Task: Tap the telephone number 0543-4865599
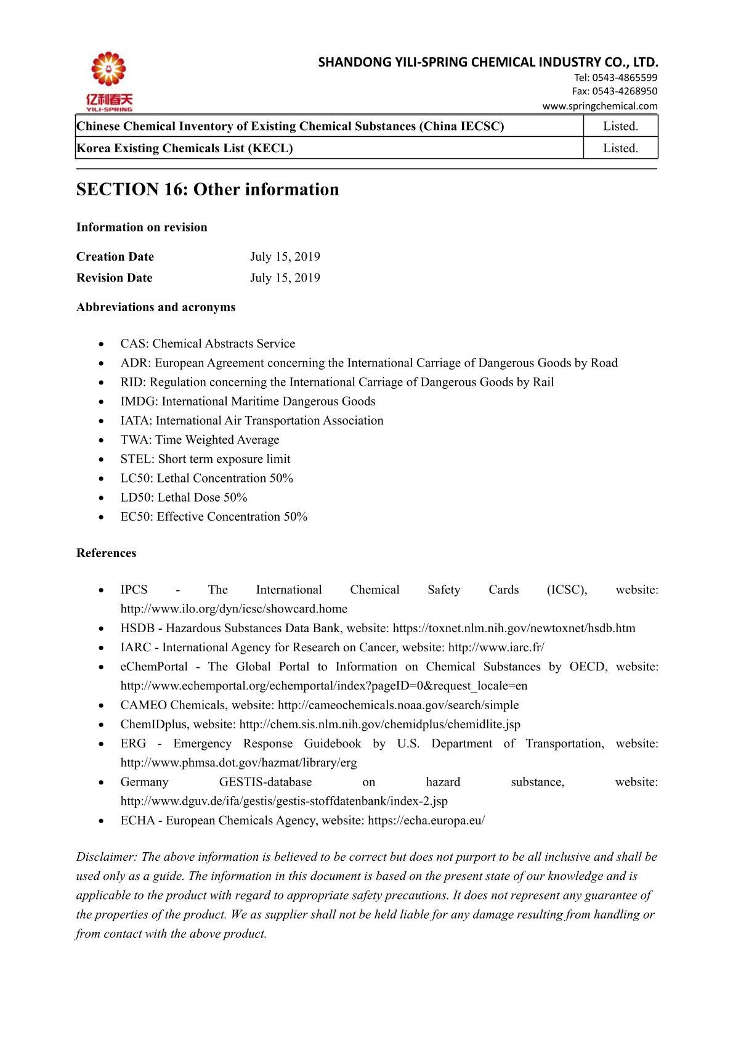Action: click(625, 78)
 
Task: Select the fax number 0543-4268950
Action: click(624, 91)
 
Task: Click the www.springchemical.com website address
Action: click(599, 105)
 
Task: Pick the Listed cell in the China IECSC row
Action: click(620, 126)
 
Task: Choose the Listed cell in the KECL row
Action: click(620, 148)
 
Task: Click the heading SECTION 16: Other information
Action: click(208, 189)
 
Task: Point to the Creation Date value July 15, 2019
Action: click(285, 256)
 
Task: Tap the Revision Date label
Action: click(115, 277)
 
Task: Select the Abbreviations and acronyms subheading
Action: click(156, 307)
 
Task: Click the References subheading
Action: click(107, 553)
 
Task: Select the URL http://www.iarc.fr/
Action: click(496, 647)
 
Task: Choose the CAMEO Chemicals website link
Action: click(398, 705)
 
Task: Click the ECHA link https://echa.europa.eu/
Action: click(426, 820)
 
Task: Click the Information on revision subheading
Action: click(142, 227)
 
